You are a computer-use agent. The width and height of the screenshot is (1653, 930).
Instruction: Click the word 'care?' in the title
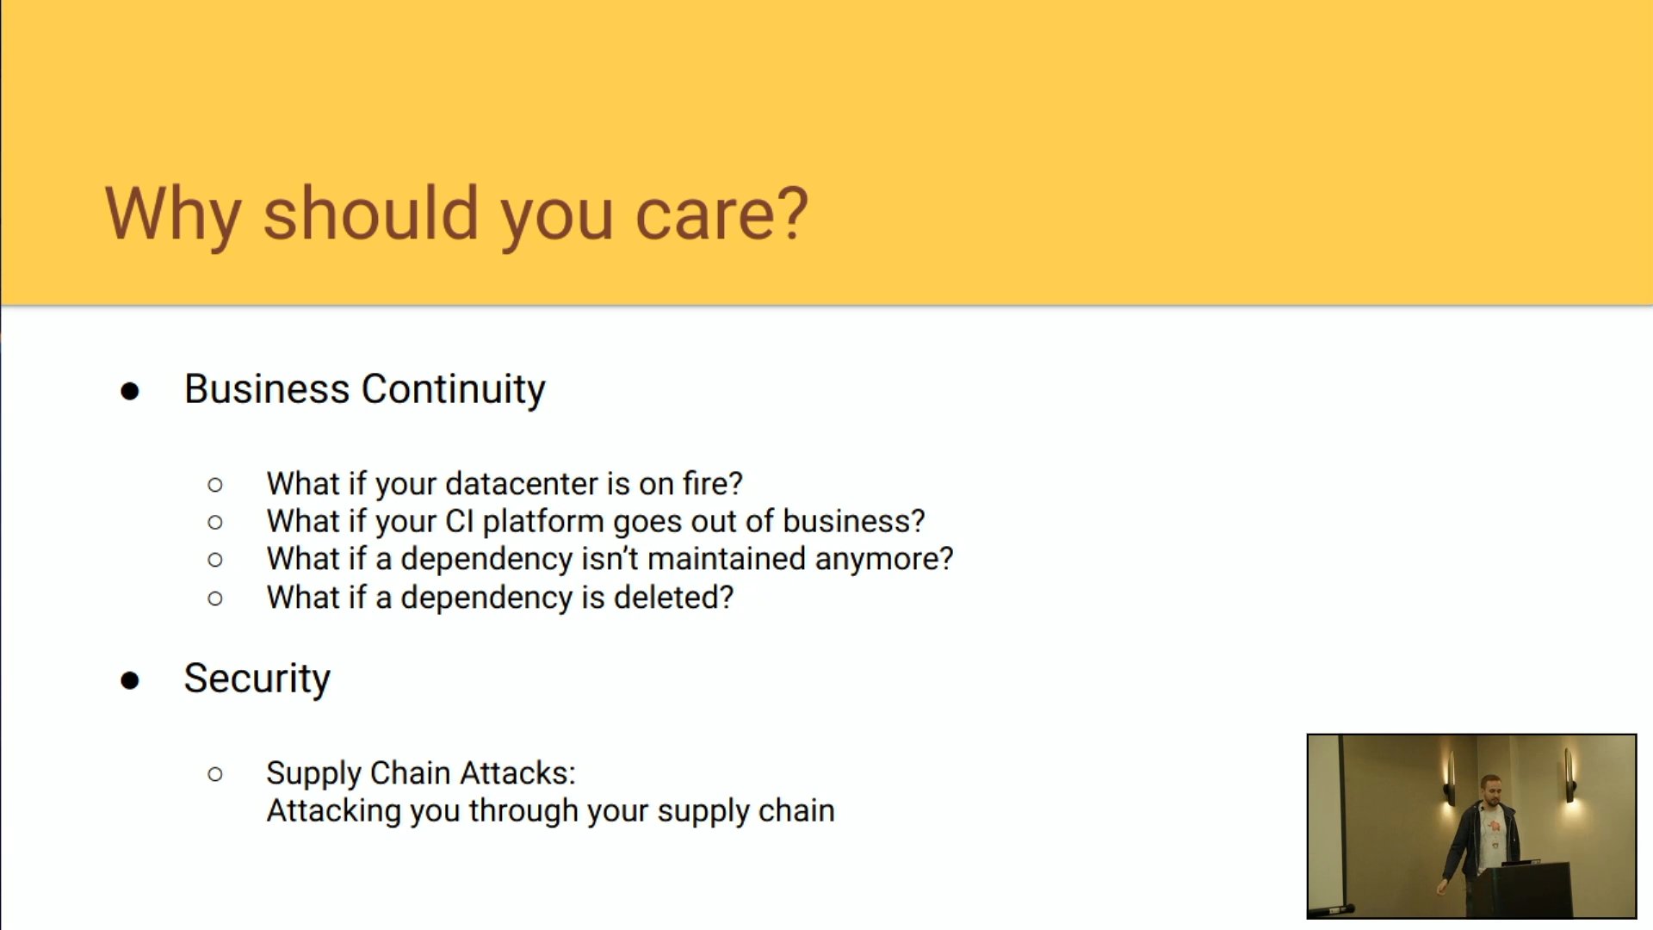721,214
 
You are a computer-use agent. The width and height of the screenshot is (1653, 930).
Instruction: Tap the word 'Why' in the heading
173,215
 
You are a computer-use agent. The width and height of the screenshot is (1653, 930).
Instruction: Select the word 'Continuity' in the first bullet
454,390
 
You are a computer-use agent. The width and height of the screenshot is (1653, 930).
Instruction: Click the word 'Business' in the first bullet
267,389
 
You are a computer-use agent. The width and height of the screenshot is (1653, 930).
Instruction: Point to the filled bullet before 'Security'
130,681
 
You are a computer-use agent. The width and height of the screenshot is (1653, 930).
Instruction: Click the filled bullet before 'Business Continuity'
130,392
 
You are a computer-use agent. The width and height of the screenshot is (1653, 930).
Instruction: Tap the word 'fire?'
713,484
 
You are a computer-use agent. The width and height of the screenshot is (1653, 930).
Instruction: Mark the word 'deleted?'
673,598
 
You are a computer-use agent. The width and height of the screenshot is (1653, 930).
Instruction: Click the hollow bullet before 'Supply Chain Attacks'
215,774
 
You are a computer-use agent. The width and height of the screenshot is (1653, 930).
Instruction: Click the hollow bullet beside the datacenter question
215,485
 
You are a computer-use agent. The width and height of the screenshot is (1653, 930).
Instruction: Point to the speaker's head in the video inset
1490,789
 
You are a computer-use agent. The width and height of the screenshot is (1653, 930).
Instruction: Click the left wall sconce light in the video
1450,778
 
